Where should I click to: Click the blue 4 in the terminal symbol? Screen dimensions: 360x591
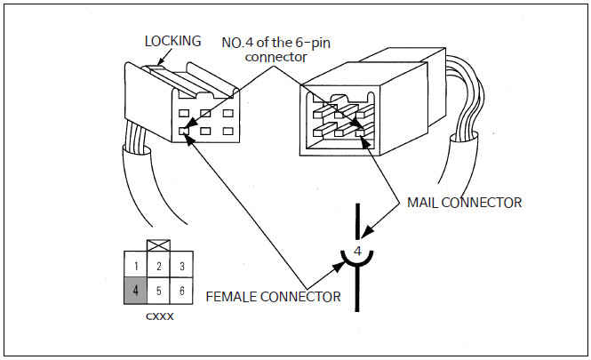(357, 252)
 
